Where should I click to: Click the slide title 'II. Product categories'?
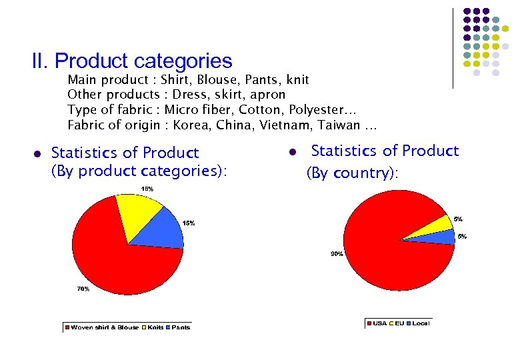132,61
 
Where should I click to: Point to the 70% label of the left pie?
82,289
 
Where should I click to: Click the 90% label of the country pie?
337,253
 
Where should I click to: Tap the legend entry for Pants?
179,327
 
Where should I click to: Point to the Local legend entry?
418,323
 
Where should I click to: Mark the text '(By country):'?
352,173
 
